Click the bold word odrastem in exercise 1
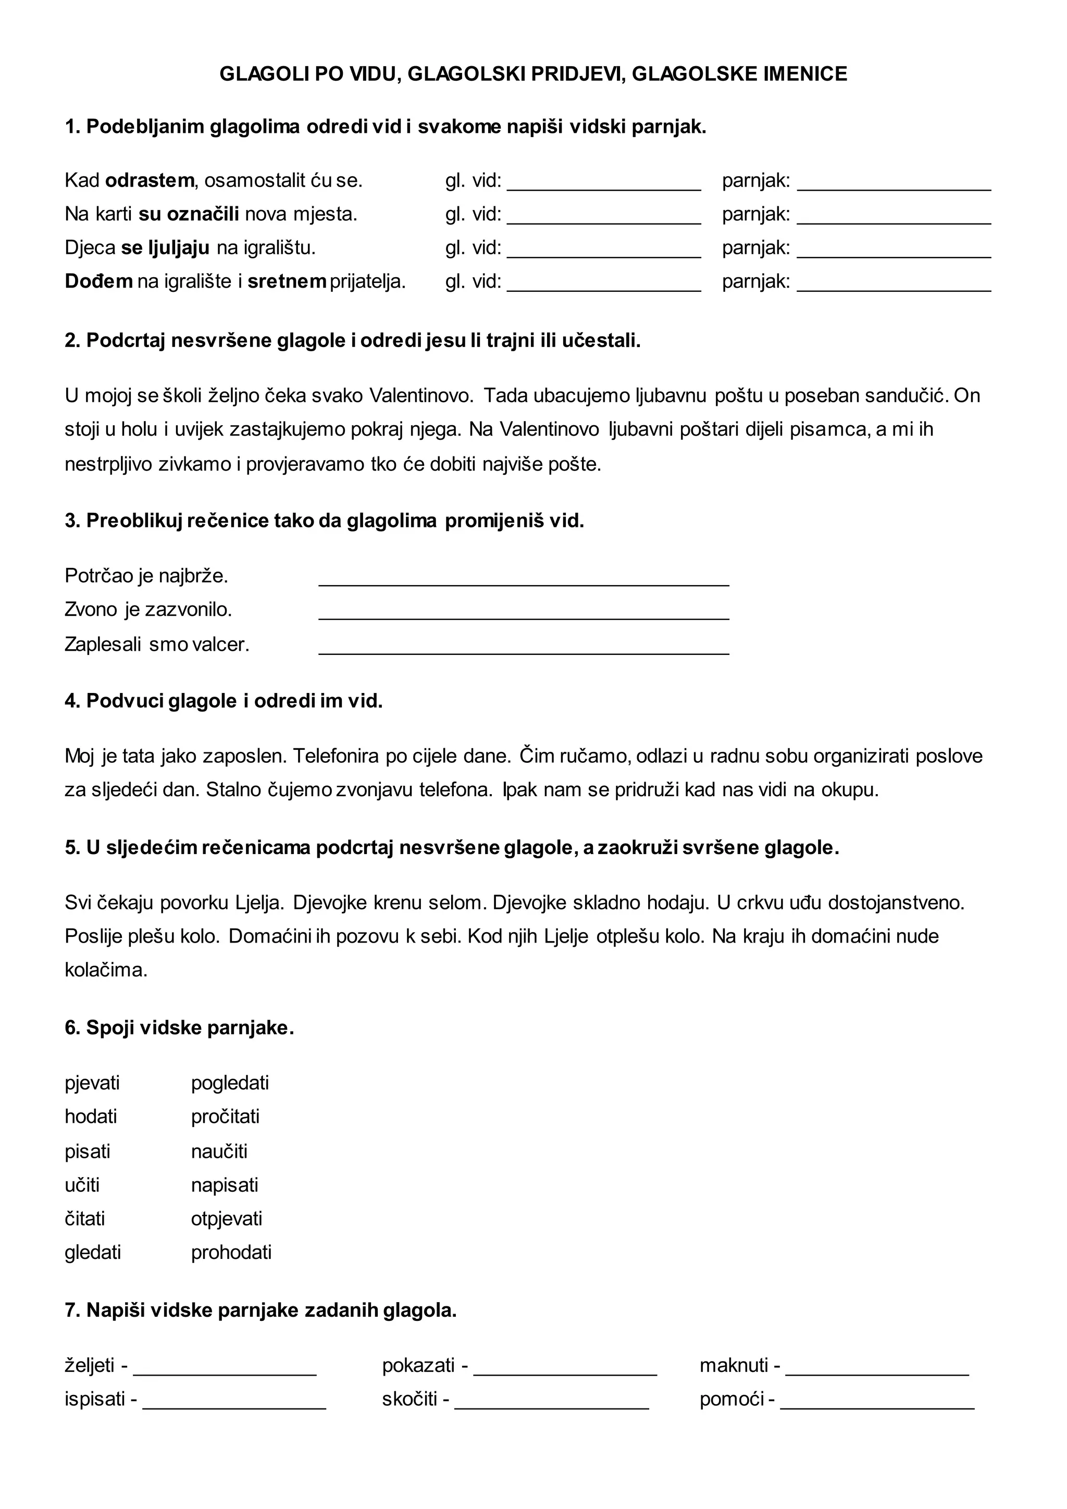[150, 180]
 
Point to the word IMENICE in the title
[805, 73]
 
